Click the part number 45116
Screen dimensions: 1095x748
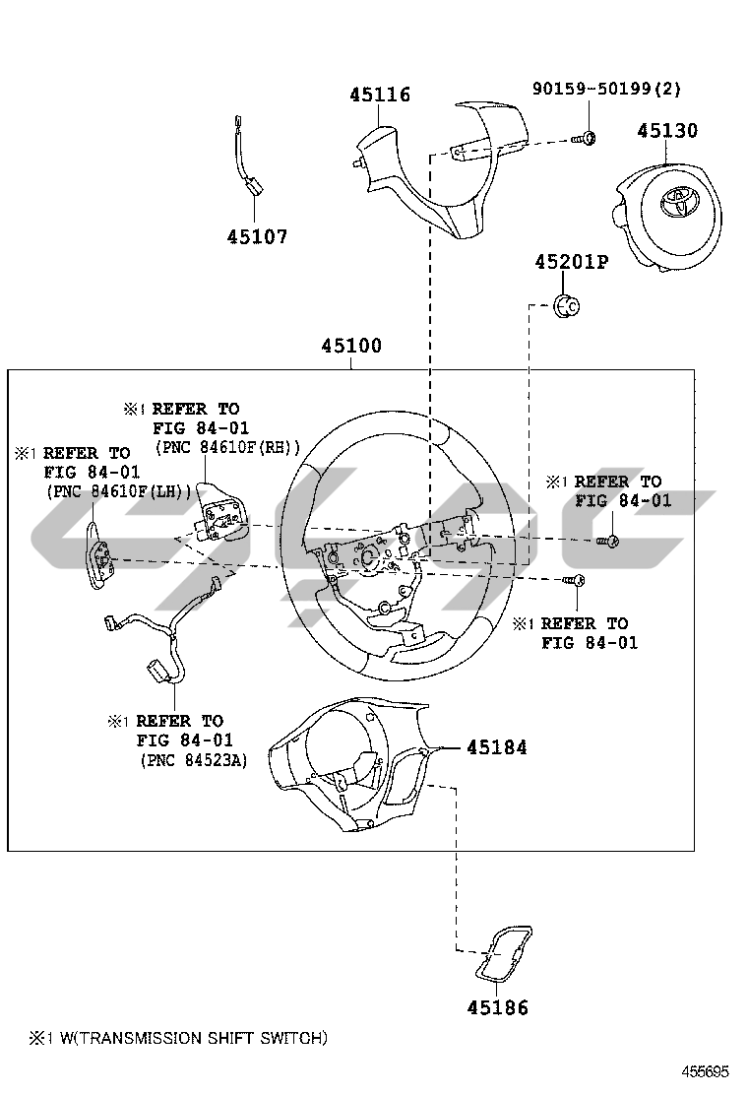380,96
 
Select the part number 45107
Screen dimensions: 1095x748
257,237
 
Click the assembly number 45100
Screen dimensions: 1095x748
351,347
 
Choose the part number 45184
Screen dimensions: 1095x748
496,748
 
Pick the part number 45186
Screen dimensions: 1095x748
497,1007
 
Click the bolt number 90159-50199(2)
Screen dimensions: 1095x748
606,89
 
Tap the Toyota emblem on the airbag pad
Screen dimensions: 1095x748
677,200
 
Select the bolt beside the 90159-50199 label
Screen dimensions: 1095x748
584,139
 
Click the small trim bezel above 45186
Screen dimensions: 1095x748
504,954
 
